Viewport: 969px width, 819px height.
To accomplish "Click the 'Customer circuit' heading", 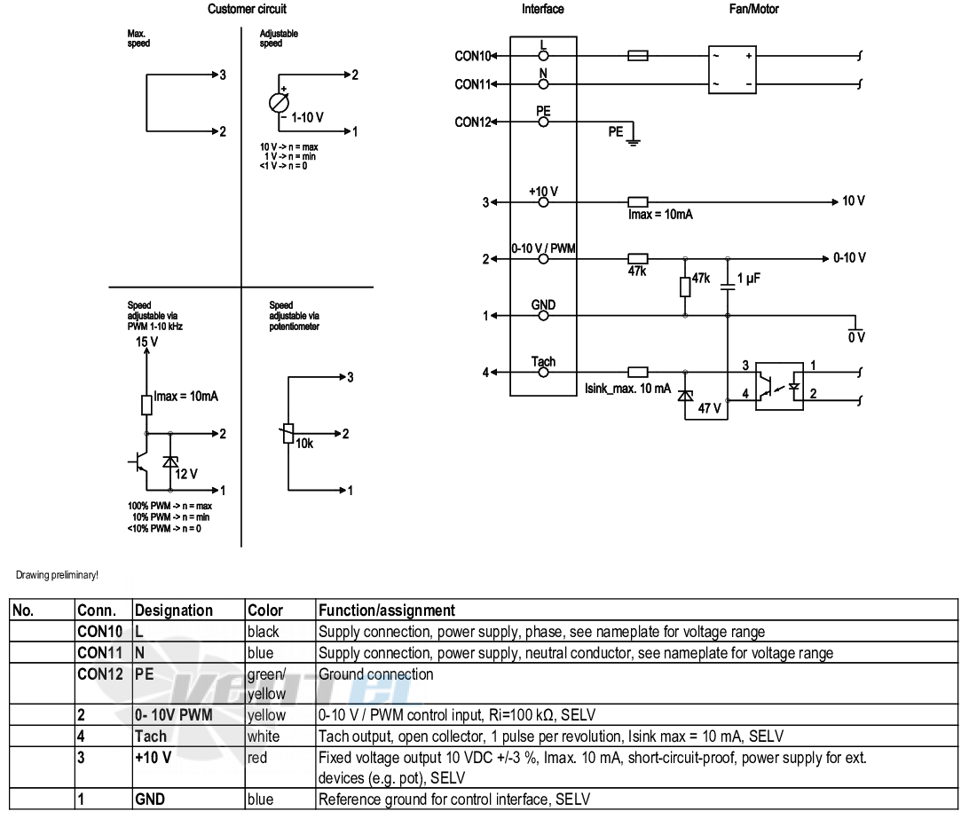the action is point(247,9).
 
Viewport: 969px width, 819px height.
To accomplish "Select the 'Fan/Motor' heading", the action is point(753,9).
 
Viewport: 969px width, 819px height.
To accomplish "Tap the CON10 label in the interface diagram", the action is point(472,56).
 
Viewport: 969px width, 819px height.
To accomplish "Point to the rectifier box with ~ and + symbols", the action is point(732,69).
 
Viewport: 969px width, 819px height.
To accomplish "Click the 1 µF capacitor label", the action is point(748,278).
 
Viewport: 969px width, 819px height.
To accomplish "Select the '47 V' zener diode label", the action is point(710,408).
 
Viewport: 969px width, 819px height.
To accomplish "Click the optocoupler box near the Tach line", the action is point(780,386).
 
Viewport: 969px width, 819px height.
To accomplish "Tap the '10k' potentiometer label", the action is point(304,443).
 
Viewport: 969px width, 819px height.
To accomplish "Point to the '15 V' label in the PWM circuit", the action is point(146,342).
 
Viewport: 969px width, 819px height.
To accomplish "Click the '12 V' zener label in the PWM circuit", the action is point(186,474).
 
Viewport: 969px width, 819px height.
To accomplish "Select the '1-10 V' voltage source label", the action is point(307,117).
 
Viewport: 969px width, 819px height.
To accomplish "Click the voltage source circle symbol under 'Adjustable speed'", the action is point(279,103).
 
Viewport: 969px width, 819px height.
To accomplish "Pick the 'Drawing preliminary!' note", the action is point(57,575).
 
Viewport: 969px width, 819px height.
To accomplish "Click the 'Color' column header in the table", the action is point(265,610).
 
